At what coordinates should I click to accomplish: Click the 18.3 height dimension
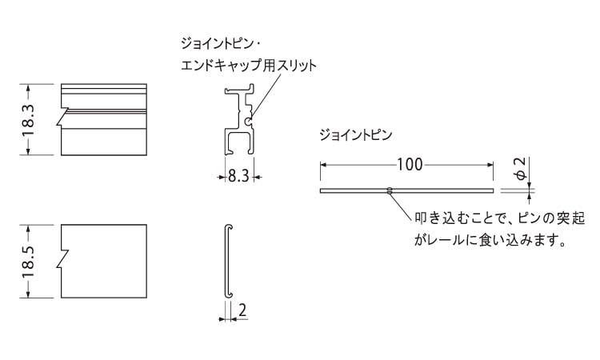tap(28, 120)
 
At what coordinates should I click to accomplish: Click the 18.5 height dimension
tap(28, 262)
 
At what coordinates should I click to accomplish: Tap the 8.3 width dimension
tap(238, 176)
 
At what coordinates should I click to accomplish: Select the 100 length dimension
tap(410, 165)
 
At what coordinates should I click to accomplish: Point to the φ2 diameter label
tap(521, 169)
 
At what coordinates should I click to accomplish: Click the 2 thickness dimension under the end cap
tap(242, 310)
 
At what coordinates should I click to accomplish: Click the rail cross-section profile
tap(239, 119)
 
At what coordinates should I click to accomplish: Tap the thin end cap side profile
tap(228, 261)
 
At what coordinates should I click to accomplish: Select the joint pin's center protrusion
tap(389, 190)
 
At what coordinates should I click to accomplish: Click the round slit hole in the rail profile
tap(248, 122)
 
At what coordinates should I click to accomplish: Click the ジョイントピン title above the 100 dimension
tap(356, 135)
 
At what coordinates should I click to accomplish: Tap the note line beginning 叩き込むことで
tap(500, 218)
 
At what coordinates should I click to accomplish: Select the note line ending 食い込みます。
tap(490, 240)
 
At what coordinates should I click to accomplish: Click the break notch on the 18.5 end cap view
tap(62, 259)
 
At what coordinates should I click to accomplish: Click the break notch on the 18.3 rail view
tap(62, 116)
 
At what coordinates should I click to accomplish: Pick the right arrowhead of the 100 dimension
tap(490, 165)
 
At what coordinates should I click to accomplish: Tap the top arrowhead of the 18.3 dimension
tap(28, 88)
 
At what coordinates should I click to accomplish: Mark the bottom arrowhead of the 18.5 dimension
tap(28, 294)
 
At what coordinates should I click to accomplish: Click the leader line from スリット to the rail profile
tap(266, 94)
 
